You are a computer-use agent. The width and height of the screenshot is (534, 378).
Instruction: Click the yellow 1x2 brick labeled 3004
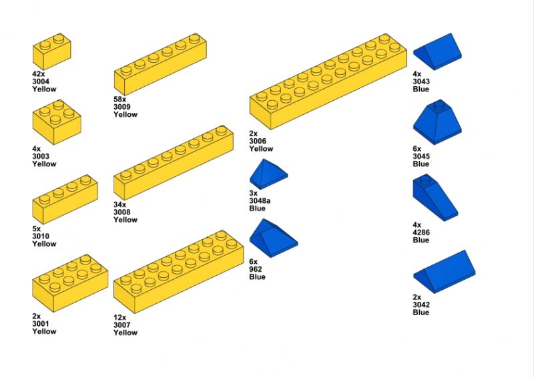(51, 51)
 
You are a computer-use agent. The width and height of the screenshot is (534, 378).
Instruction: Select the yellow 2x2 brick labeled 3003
(57, 123)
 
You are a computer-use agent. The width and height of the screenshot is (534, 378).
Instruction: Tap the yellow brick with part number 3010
(65, 200)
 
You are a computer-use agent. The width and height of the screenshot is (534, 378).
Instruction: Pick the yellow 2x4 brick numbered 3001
(69, 284)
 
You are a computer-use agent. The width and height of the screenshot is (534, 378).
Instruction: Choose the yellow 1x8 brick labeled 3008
(173, 162)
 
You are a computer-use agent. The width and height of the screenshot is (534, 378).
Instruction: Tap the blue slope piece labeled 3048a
(268, 175)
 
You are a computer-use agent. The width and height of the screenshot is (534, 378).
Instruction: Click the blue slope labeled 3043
(437, 52)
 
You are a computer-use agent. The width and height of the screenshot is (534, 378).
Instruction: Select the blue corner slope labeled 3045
(437, 124)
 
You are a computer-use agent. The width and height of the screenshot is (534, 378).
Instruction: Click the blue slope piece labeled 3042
(443, 272)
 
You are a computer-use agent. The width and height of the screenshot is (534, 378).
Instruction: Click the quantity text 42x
(38, 74)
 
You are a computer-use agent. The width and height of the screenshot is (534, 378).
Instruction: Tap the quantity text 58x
(120, 100)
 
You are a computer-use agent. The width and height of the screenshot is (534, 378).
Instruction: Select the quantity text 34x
(120, 204)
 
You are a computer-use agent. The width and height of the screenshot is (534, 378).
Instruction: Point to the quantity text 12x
(120, 317)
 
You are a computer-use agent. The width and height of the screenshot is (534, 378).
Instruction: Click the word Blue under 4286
(421, 240)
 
